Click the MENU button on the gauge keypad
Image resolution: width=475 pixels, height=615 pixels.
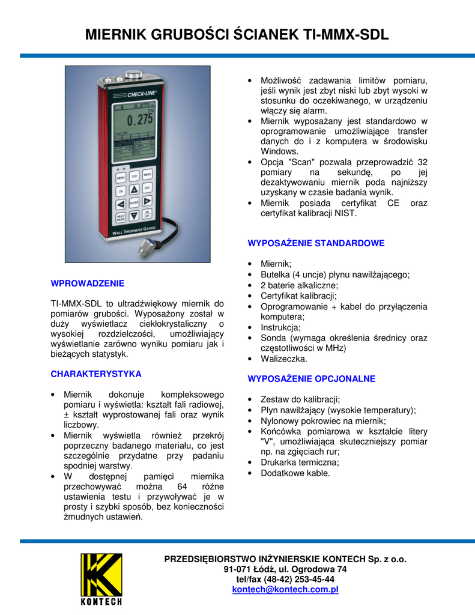121,178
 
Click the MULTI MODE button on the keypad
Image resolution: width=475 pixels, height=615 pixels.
121,216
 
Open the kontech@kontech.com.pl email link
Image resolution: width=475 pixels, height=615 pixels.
285,590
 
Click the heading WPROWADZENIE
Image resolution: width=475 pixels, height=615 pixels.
88,283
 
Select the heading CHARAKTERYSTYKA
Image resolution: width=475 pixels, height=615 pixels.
96,374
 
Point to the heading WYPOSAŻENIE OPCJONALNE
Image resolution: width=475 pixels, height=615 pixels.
312,379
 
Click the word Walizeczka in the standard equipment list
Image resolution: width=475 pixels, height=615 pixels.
283,359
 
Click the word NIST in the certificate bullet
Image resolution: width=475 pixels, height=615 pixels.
346,213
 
